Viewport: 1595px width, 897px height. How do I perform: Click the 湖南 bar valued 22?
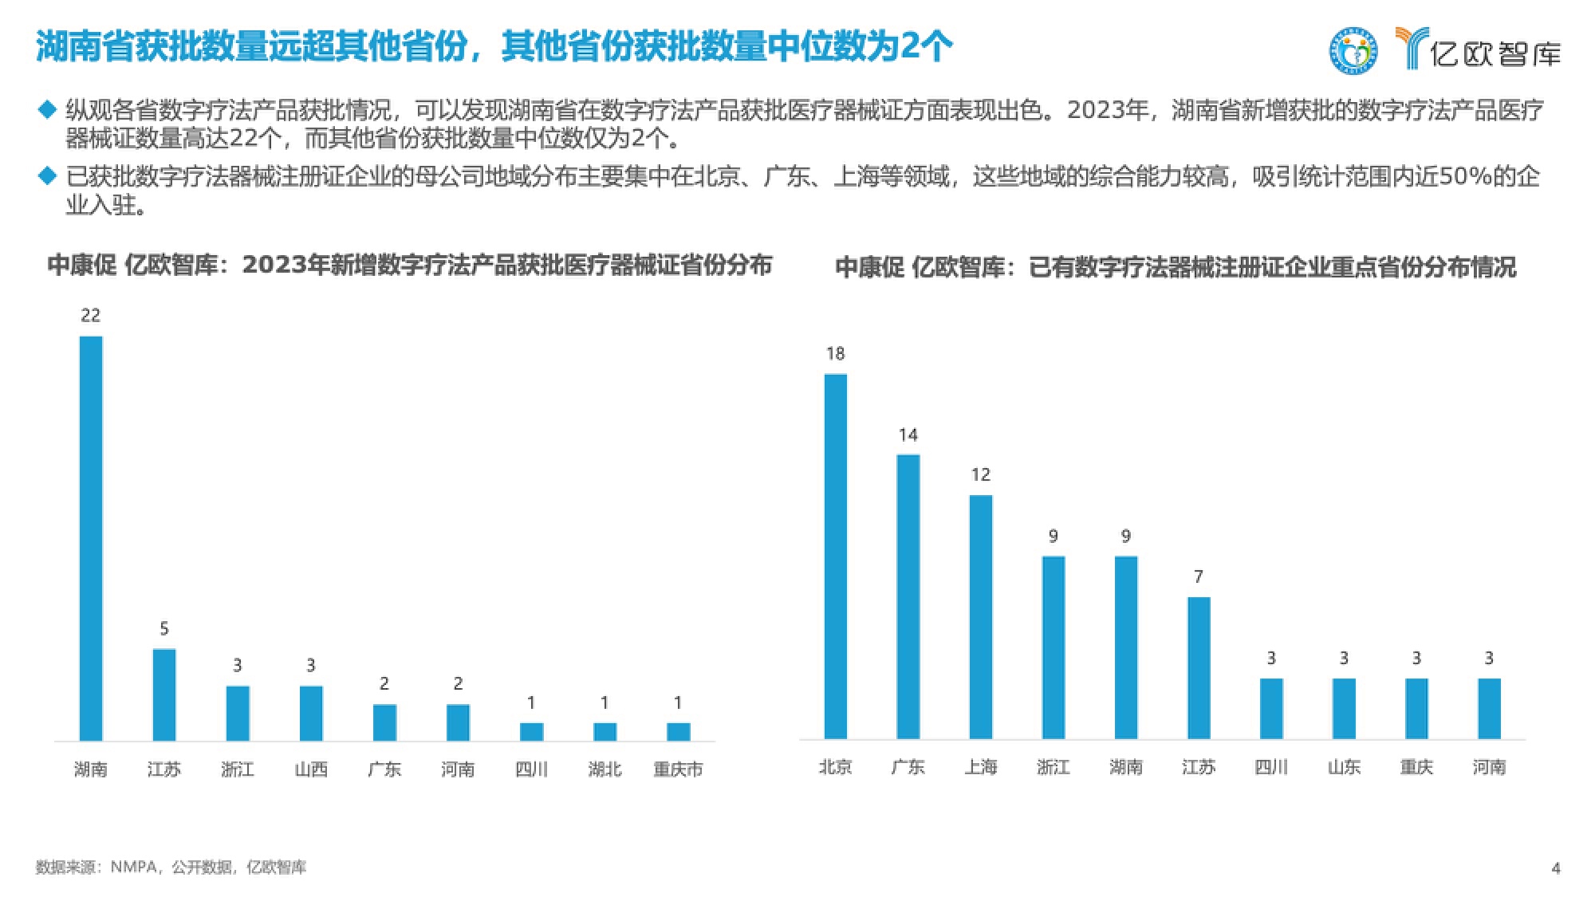(x=91, y=538)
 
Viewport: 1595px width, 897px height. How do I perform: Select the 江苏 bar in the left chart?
(x=164, y=694)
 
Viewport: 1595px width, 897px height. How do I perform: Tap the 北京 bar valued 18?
(x=835, y=556)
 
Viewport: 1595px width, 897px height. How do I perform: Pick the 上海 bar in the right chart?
(x=981, y=616)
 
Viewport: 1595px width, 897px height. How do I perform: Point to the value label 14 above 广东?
(x=908, y=435)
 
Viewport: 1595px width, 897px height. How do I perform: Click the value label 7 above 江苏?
(x=1198, y=576)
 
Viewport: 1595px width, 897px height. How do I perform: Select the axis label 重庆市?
(x=678, y=769)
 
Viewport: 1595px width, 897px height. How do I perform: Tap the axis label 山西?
(x=311, y=769)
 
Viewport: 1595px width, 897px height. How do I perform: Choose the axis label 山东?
(x=1344, y=767)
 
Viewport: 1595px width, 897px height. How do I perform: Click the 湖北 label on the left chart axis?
(x=605, y=769)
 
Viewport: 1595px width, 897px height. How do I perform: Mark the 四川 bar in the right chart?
(x=1271, y=708)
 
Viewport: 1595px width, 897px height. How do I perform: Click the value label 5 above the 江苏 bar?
(x=164, y=629)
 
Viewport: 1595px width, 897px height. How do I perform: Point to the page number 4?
(x=1556, y=868)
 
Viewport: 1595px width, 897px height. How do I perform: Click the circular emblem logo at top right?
(x=1353, y=50)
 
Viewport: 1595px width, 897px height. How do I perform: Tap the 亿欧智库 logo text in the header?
(x=1495, y=53)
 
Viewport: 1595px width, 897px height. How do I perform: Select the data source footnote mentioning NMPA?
(x=171, y=867)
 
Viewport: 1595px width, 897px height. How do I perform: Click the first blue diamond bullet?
(x=48, y=108)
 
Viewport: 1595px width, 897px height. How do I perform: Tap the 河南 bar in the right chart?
(x=1489, y=708)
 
